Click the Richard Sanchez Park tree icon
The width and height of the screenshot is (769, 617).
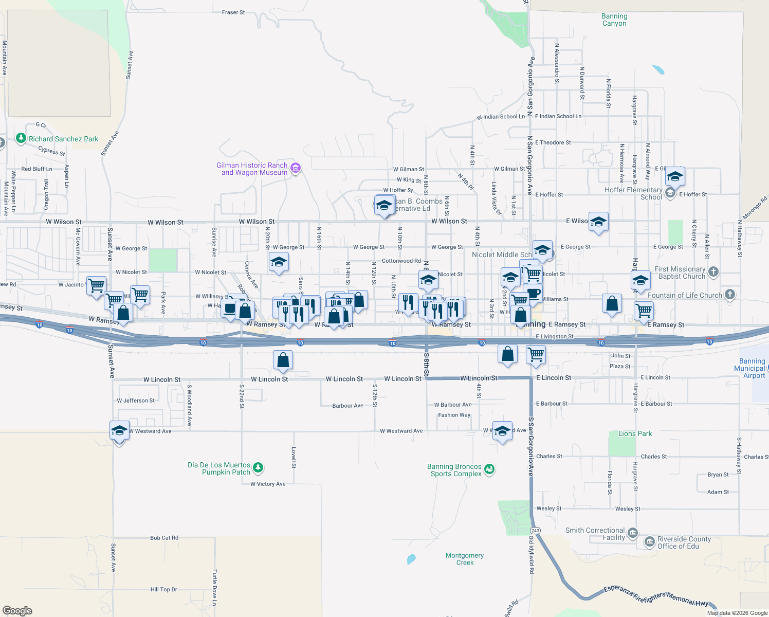point(21,138)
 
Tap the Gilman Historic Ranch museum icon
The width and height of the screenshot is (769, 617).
point(295,168)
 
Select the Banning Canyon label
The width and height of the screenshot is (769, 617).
point(614,20)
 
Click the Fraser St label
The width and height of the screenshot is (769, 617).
point(233,12)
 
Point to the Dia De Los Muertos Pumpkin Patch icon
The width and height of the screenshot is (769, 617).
point(258,468)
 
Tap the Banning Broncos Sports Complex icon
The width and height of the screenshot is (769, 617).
point(489,469)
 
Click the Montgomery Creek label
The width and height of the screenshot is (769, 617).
point(465,559)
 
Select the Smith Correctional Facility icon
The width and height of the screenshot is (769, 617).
point(633,533)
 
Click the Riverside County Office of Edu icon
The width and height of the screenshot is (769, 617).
point(650,542)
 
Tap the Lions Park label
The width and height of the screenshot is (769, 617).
point(635,433)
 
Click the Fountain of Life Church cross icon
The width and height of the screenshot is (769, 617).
point(730,295)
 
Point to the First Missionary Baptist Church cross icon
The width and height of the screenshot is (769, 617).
point(713,272)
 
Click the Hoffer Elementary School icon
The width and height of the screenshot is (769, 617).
point(670,193)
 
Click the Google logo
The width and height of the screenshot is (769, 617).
point(17,611)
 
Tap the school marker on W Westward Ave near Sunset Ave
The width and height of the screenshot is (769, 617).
point(119,431)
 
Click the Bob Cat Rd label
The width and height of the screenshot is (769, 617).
point(164,538)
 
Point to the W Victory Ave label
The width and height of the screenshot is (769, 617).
point(268,484)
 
